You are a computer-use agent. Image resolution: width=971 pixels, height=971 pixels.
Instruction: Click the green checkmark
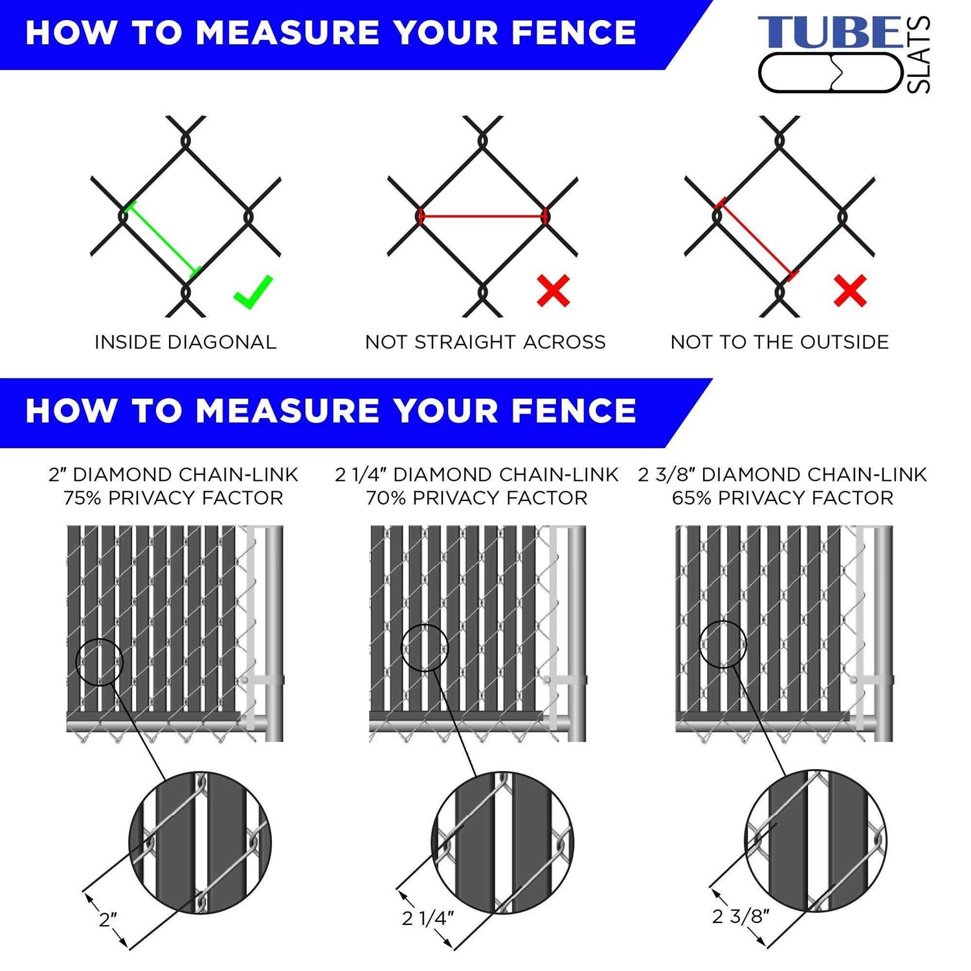(x=253, y=292)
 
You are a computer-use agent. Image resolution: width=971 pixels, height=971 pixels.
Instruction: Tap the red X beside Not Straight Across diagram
(x=553, y=291)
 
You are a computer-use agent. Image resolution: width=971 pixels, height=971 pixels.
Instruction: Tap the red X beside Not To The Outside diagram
(x=850, y=291)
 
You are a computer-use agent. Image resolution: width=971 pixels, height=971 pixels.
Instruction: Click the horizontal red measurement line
(x=482, y=216)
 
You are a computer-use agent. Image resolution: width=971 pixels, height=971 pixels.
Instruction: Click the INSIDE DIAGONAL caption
(x=185, y=342)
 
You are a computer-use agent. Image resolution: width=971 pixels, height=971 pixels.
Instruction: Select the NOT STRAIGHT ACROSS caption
(x=485, y=342)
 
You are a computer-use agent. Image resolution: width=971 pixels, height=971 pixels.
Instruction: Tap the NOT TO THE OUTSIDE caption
(x=779, y=342)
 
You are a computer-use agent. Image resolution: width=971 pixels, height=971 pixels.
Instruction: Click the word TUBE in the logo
(x=829, y=33)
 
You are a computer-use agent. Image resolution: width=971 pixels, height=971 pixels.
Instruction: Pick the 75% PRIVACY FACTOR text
(x=173, y=498)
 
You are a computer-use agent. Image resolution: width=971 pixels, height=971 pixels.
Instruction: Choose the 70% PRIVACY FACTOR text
(x=476, y=498)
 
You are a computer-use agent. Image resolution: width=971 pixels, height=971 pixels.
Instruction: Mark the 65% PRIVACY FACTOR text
(x=782, y=498)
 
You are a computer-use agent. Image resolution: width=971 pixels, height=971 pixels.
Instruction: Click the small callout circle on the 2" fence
(x=99, y=662)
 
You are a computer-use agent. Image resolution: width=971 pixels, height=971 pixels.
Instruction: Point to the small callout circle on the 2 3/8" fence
(x=724, y=644)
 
